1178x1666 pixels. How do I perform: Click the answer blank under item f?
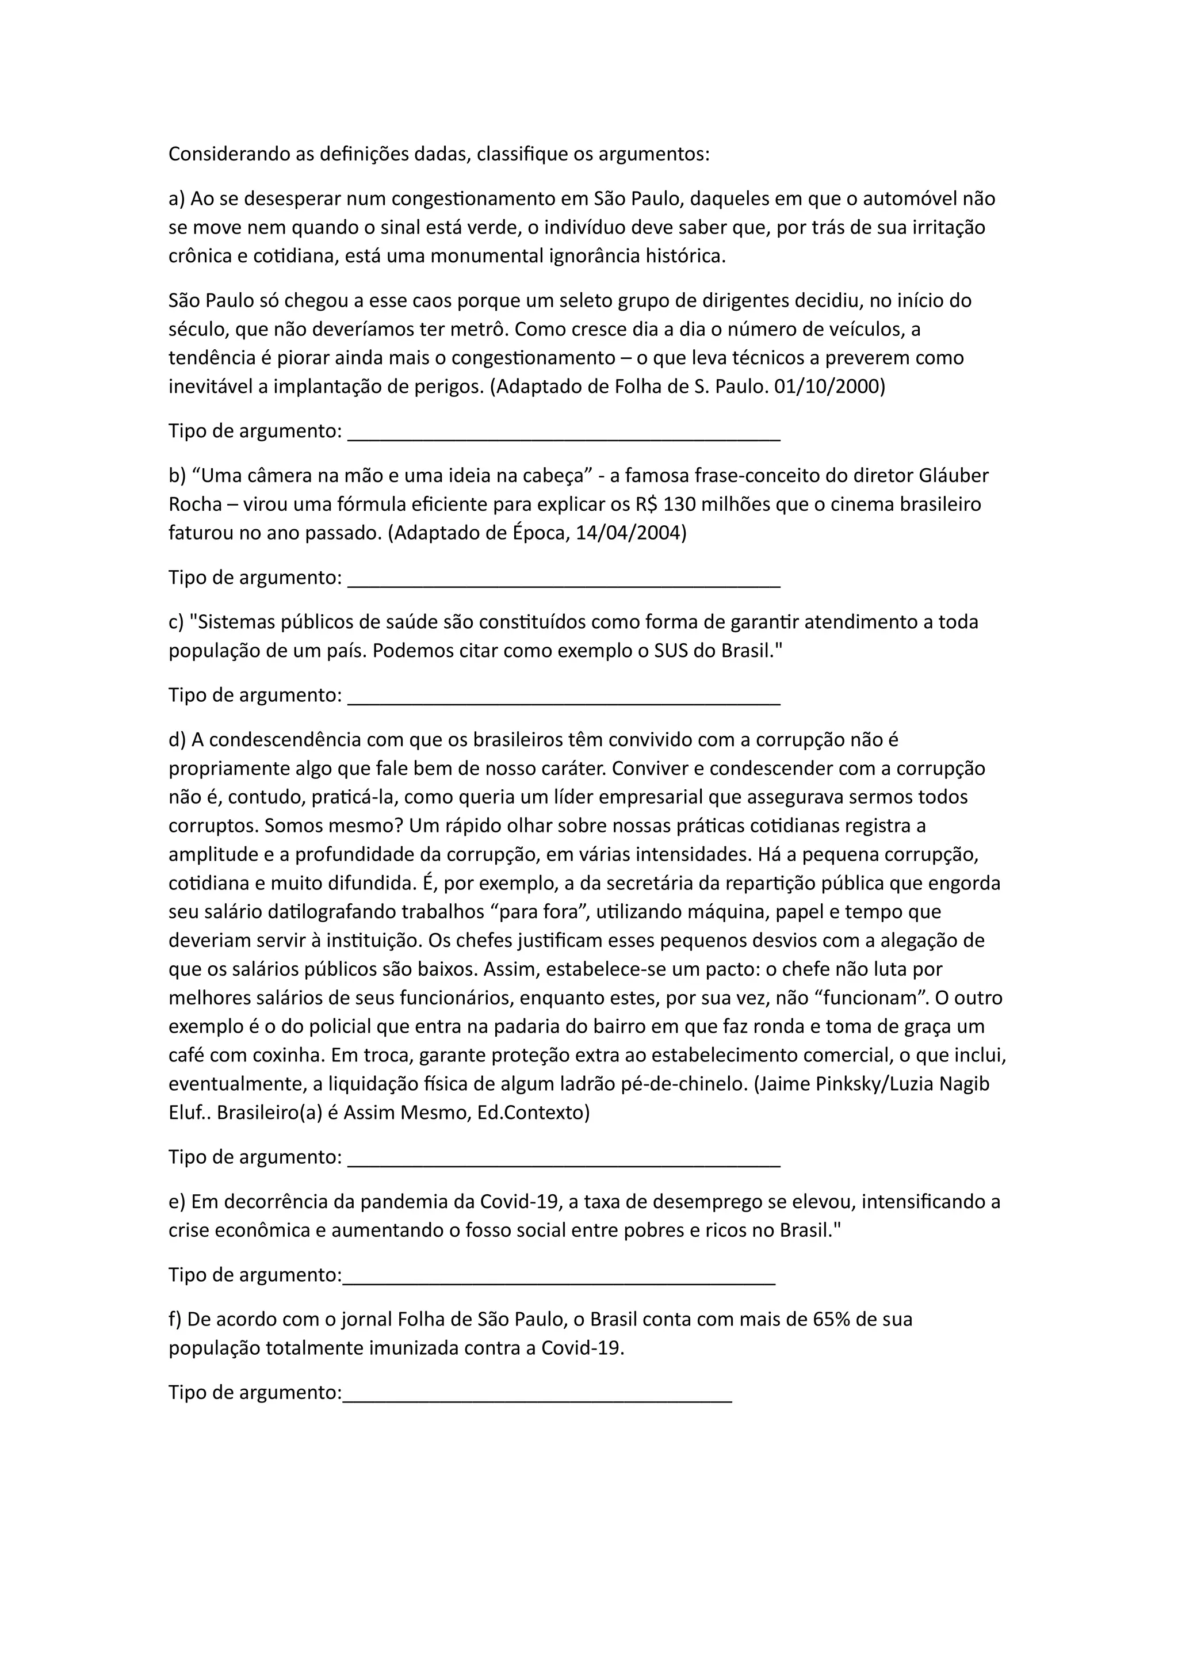tap(537, 1396)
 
